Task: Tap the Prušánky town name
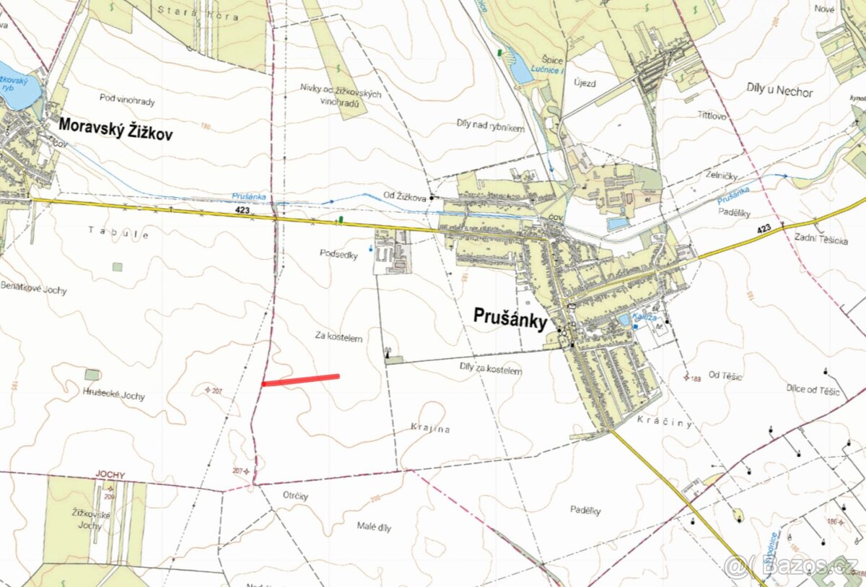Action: pos(509,317)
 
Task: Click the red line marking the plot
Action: pos(300,380)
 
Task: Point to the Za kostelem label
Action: pos(338,336)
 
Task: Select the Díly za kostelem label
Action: pos(490,370)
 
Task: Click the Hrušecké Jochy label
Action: pos(113,396)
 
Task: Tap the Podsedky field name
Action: pos(338,253)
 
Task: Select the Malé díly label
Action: pos(374,527)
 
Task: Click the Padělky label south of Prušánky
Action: pos(585,511)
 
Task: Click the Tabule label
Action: pos(119,233)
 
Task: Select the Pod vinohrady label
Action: pos(128,101)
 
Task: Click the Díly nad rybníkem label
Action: pos(491,127)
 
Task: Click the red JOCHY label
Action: pos(110,475)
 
